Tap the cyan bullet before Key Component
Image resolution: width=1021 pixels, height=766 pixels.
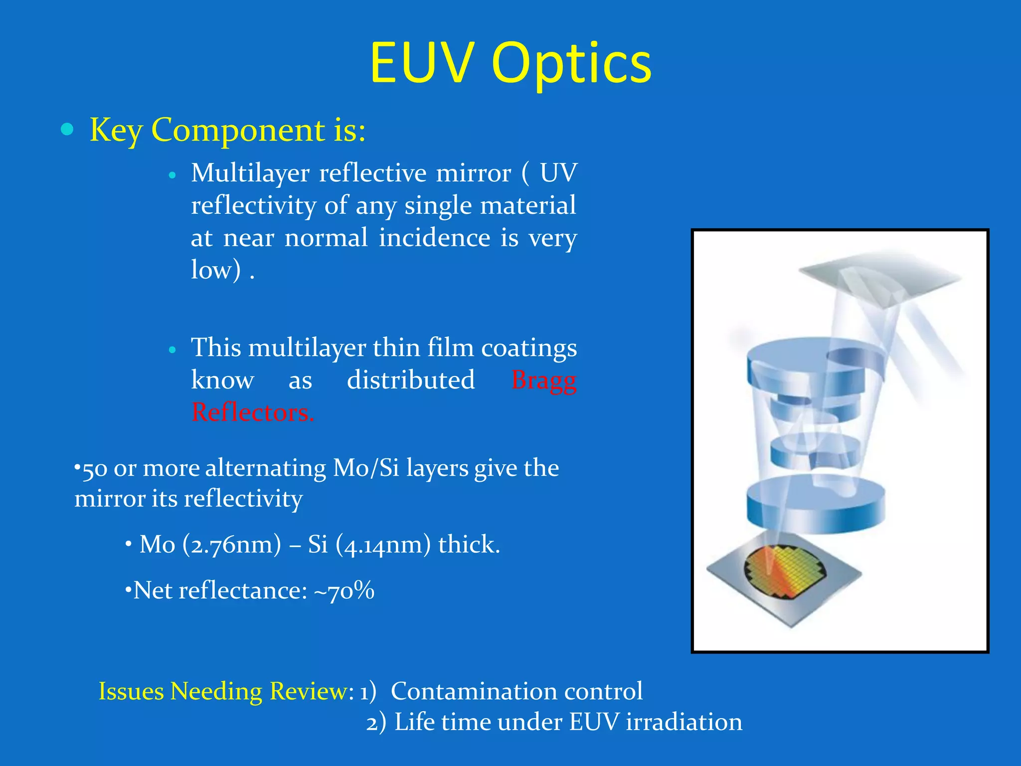[x=67, y=130]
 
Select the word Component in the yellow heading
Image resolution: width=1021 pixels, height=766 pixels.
[x=238, y=131]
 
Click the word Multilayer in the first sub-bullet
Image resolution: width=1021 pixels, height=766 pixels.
[x=250, y=174]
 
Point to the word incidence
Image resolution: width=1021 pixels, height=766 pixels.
[x=434, y=238]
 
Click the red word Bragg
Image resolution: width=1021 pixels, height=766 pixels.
[x=544, y=381]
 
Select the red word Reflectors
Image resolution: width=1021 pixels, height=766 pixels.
[x=253, y=413]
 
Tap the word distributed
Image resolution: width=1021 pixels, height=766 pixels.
[x=411, y=380]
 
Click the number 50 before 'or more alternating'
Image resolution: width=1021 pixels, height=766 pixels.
[x=94, y=470]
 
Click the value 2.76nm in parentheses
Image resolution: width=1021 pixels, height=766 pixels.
[x=232, y=545]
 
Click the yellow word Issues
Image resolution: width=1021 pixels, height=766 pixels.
[x=131, y=692]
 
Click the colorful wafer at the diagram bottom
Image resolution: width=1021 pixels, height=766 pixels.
[x=784, y=571]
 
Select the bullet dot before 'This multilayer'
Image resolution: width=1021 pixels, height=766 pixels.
[x=172, y=350]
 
